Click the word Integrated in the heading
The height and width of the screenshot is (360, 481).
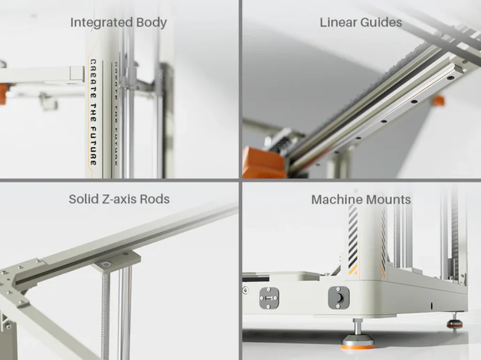[101, 23]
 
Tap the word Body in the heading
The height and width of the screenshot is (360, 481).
[152, 23]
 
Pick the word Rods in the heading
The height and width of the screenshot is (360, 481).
[155, 199]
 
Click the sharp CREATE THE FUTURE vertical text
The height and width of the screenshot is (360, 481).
[93, 112]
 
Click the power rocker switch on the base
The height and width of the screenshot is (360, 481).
[339, 298]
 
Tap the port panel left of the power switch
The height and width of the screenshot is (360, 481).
[269, 298]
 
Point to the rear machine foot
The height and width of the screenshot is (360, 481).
[454, 321]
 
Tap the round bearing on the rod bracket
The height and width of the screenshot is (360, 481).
[106, 264]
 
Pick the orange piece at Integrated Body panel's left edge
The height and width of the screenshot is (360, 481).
[4, 92]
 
